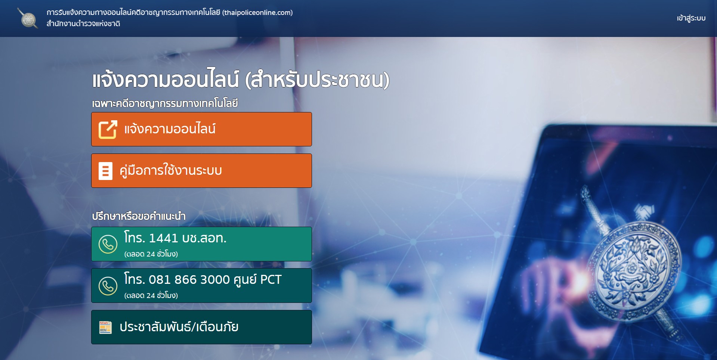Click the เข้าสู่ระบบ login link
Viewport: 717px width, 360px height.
[691, 18]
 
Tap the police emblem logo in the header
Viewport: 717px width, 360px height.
[28, 18]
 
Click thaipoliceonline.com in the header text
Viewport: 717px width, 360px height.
[257, 12]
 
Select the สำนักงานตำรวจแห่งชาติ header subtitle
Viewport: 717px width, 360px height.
[83, 24]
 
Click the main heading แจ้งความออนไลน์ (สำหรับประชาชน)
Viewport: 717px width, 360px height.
[241, 79]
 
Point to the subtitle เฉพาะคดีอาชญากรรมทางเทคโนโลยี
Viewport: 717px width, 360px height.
[165, 103]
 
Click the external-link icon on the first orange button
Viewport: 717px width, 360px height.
[108, 129]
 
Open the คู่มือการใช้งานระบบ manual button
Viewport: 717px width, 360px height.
[201, 171]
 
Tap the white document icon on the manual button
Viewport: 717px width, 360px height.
[105, 171]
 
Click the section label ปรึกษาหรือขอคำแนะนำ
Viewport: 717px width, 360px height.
[139, 216]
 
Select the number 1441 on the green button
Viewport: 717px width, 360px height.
[163, 238]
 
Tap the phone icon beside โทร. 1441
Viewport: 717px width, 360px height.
[108, 244]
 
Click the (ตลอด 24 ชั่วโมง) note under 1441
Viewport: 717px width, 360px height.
[151, 254]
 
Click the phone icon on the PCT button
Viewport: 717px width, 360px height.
[108, 286]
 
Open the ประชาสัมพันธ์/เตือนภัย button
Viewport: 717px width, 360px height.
[201, 327]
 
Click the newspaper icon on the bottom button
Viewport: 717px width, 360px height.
[105, 327]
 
